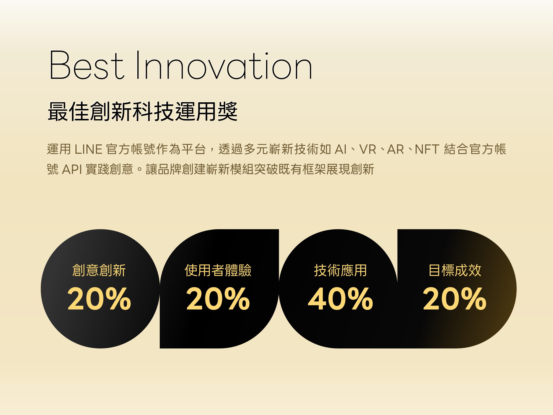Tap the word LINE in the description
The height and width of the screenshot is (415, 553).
(x=88, y=149)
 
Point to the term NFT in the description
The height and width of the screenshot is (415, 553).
(x=427, y=149)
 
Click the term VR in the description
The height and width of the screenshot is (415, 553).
(x=368, y=149)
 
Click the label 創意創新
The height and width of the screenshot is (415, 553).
(x=99, y=270)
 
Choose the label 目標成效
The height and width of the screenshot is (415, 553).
(x=455, y=270)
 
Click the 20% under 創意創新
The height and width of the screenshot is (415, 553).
(x=99, y=299)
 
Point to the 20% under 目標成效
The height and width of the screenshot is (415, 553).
(x=455, y=299)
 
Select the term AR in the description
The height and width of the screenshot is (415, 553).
(x=395, y=149)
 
